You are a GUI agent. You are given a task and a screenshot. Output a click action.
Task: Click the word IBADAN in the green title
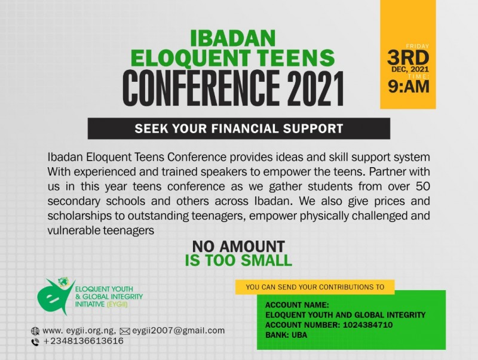point(233,38)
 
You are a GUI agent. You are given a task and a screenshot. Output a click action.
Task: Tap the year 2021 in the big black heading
point(315,88)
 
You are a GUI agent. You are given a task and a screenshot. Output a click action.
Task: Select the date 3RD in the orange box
point(408,57)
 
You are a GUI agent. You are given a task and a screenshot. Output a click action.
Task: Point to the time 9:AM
point(409,87)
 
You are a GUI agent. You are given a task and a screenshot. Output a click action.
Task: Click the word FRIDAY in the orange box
point(417,47)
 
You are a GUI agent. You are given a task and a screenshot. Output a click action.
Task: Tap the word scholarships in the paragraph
point(79,216)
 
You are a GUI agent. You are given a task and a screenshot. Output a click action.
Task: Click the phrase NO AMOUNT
point(238,247)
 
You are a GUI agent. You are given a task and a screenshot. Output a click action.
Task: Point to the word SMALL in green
point(266,261)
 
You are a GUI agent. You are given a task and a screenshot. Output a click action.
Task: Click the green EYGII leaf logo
point(56,296)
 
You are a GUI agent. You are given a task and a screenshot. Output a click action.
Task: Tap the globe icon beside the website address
point(35,331)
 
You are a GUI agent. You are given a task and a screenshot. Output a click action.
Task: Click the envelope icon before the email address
point(125,331)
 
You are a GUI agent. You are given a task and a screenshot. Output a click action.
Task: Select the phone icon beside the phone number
point(35,342)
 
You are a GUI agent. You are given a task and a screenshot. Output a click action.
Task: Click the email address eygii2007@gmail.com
point(178,331)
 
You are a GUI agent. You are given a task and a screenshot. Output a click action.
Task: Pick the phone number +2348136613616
point(84,341)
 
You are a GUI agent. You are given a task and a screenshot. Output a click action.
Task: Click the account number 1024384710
point(367,325)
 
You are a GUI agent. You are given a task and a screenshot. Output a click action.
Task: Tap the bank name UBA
point(299,335)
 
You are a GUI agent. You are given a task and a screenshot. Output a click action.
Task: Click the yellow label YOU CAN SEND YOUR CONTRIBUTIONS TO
point(315,287)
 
